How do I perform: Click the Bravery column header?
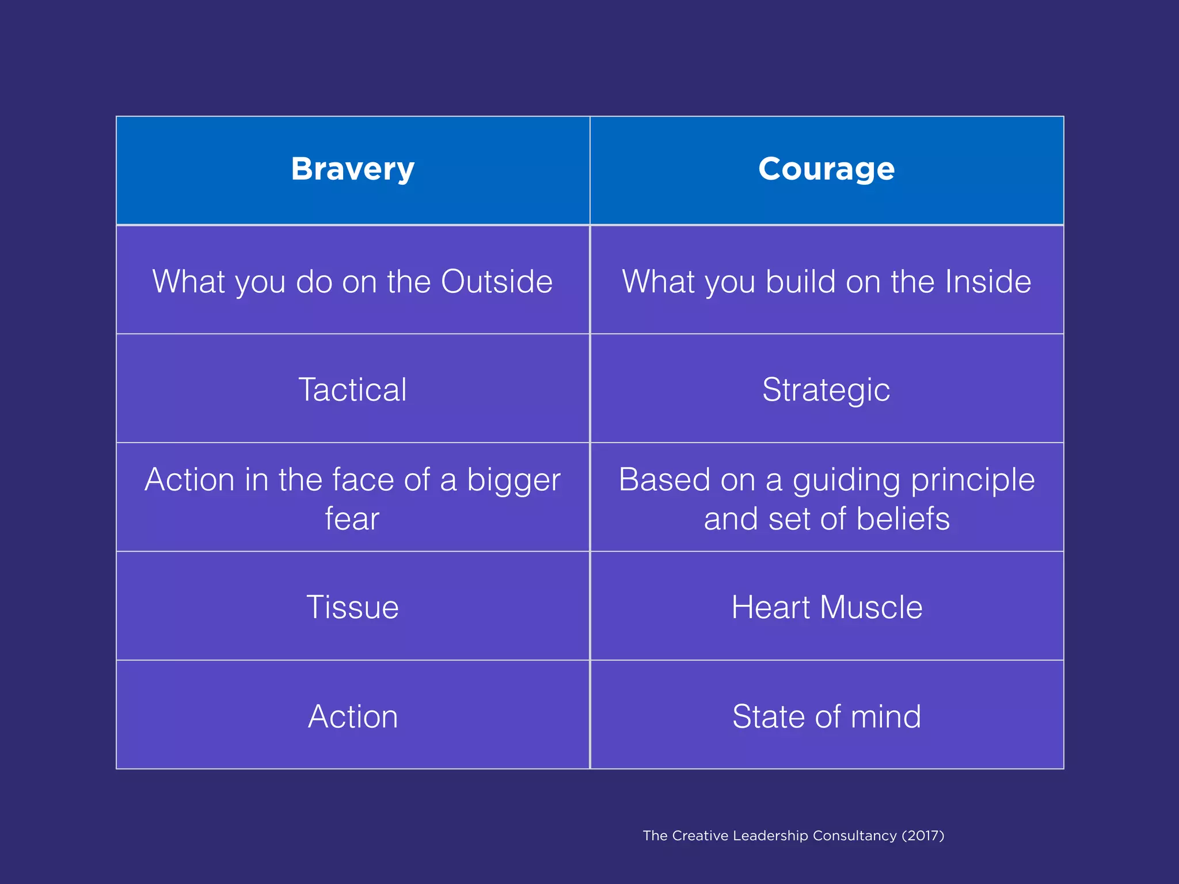pos(352,169)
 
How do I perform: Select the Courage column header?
pos(826,169)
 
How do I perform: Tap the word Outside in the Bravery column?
pos(496,281)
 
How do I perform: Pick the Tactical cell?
pos(352,390)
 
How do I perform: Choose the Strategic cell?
pos(826,390)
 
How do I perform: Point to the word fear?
pos(352,519)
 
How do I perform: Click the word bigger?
pos(514,480)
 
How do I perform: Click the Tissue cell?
pos(352,607)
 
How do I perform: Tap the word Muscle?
pos(871,607)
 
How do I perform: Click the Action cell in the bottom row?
pos(352,717)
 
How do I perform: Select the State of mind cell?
pos(826,717)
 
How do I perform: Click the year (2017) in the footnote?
pos(923,836)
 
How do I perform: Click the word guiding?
pos(846,480)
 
